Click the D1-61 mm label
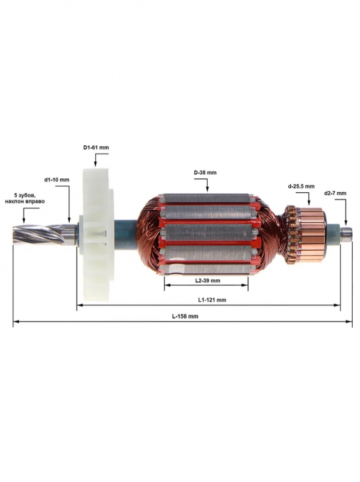click(x=96, y=148)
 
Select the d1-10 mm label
click(x=57, y=180)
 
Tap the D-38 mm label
click(x=205, y=172)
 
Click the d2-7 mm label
click(x=335, y=193)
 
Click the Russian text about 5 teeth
click(x=25, y=198)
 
